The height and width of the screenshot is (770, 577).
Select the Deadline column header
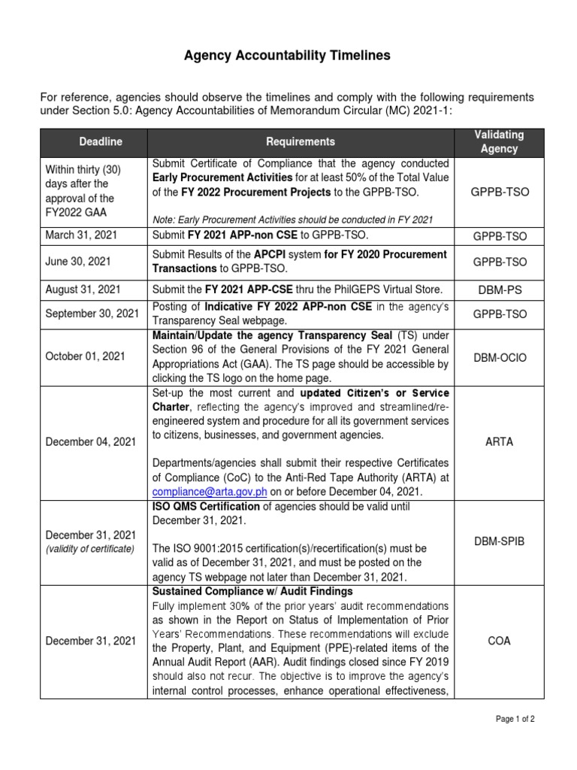pos(101,141)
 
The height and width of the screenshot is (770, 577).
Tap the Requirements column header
pos(301,141)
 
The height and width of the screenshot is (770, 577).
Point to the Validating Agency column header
pos(500,141)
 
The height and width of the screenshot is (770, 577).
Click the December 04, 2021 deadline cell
pos(91,442)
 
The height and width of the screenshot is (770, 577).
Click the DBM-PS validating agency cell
pos(500,289)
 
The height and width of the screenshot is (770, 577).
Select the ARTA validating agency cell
pos(500,442)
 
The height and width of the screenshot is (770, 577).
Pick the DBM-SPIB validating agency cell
pos(500,541)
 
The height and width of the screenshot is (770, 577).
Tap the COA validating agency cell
pos(500,641)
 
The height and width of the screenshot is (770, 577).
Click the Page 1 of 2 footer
pos(515,719)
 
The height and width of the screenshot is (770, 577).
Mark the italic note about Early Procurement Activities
pos(293,219)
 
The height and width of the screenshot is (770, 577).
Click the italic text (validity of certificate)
pos(89,549)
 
